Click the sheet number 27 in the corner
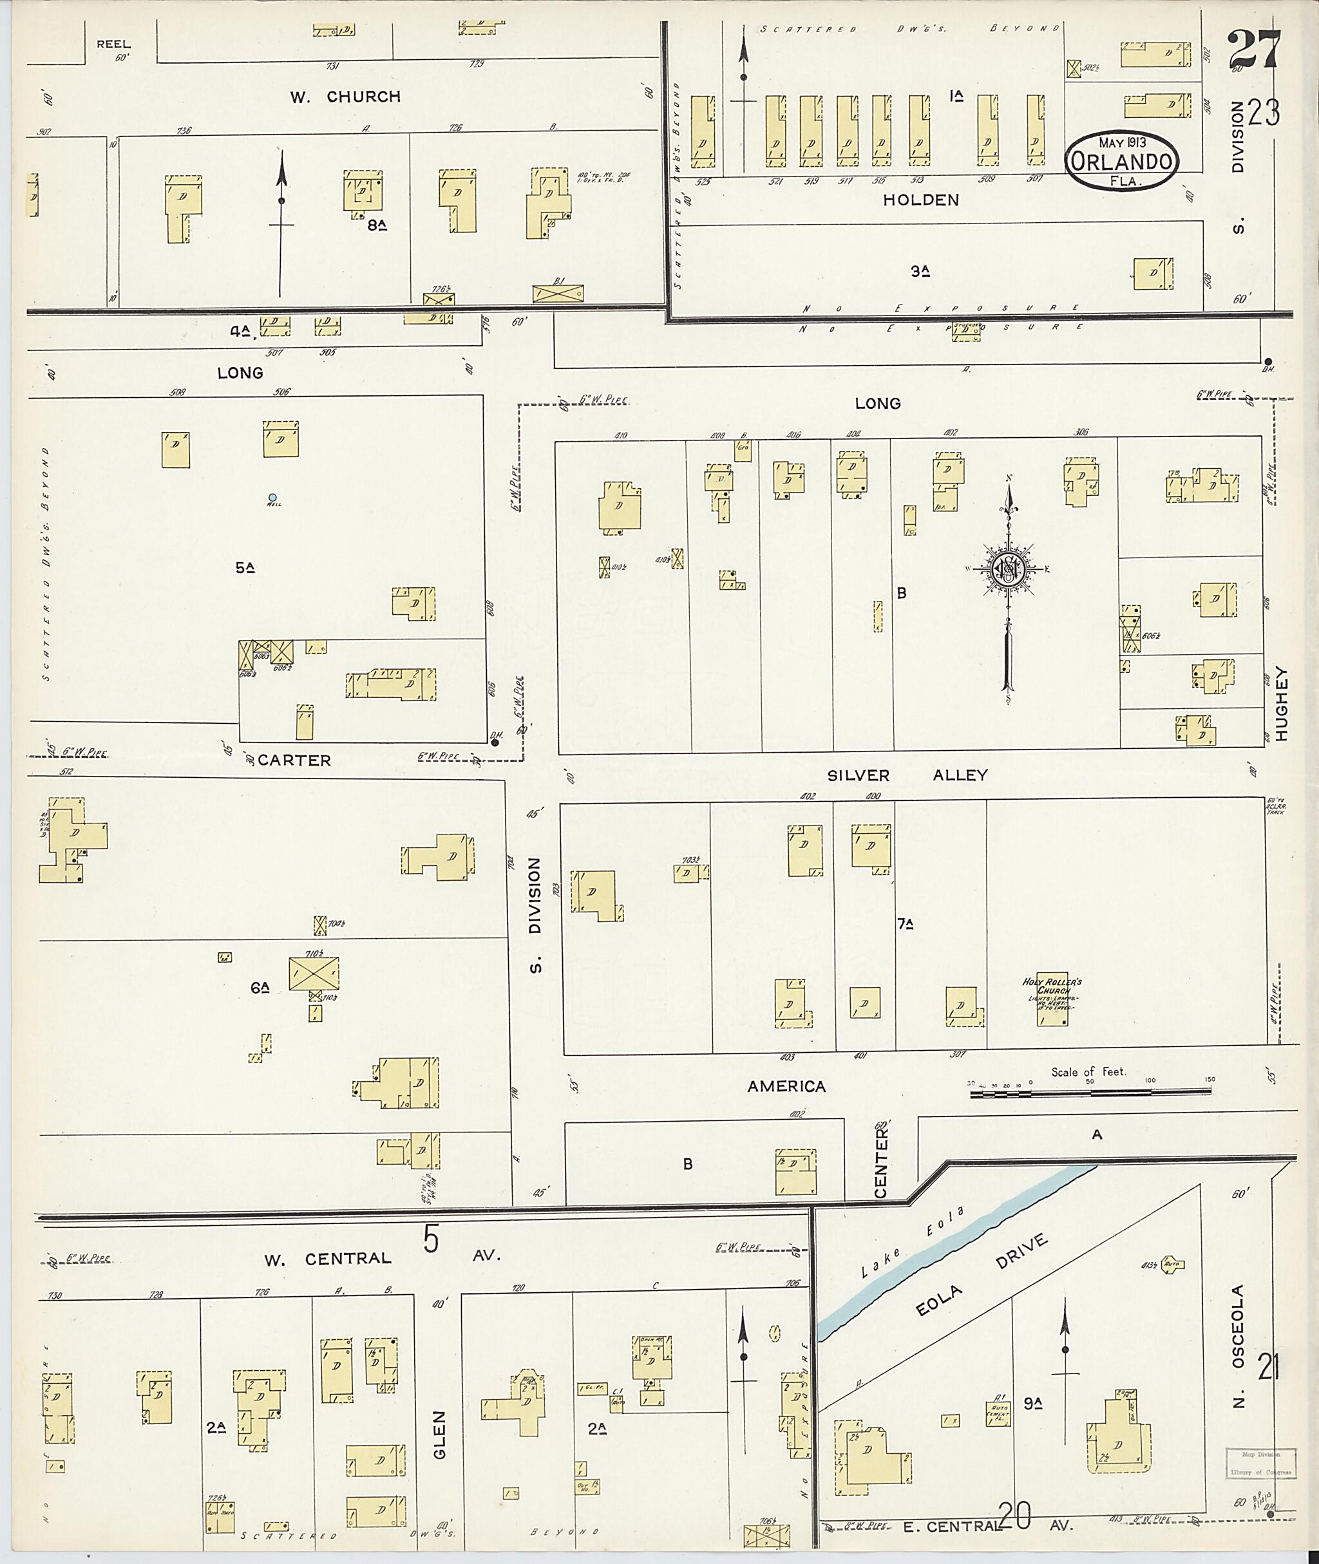[x=1255, y=50]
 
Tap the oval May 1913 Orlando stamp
[x=1123, y=160]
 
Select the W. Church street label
[x=345, y=97]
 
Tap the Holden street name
[x=920, y=200]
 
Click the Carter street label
[x=294, y=760]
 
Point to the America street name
[x=786, y=1086]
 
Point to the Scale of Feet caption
[x=1088, y=1071]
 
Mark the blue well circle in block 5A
[x=273, y=497]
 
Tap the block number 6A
[x=260, y=988]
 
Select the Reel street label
[x=113, y=44]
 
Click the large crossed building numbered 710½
[x=314, y=974]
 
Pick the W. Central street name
[x=328, y=1258]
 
